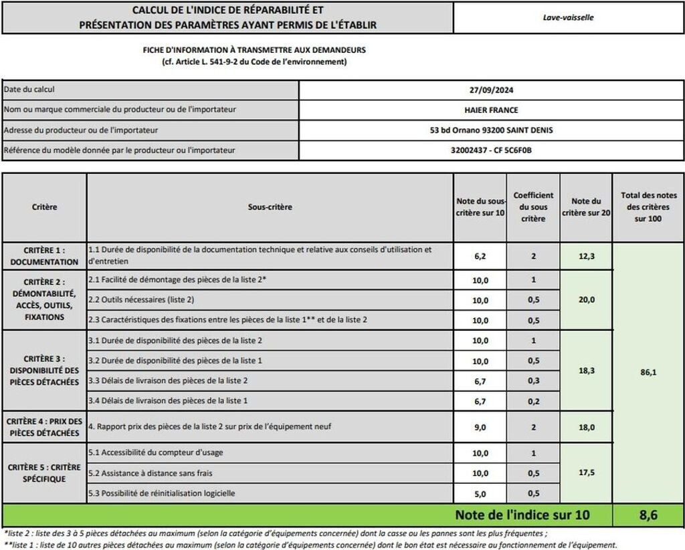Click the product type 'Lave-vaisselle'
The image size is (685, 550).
tap(568, 18)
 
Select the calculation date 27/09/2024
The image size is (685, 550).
tap(491, 90)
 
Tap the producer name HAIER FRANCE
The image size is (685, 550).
tap(491, 110)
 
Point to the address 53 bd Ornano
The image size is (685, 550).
tap(491, 130)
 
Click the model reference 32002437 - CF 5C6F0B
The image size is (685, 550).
tap(491, 150)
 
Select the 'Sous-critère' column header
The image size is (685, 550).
tap(270, 207)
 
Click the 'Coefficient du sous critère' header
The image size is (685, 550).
tap(533, 207)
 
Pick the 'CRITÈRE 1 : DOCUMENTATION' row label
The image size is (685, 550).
tap(44, 255)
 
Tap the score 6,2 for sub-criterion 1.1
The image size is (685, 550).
tap(480, 256)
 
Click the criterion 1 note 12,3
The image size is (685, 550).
tap(585, 256)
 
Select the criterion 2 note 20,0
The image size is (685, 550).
tap(585, 300)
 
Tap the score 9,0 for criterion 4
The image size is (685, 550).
tap(480, 427)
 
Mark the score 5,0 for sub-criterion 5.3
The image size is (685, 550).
tap(480, 493)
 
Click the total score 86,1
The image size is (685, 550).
tap(648, 372)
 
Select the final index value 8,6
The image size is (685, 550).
tap(648, 515)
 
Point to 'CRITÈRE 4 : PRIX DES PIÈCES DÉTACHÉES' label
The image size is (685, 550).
tap(44, 427)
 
